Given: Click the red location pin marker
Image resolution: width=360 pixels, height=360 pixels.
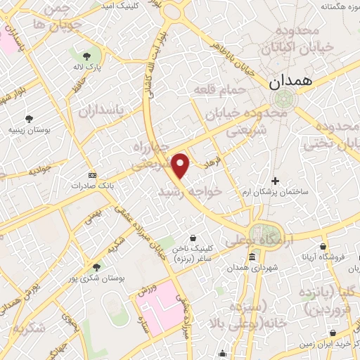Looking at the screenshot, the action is (181, 166).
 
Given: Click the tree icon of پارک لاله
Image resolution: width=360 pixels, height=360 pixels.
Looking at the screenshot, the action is (87, 56).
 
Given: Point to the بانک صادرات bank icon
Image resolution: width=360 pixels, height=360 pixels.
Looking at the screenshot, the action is (91, 175).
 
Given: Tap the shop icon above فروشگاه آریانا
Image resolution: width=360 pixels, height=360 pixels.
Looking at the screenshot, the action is (323, 247).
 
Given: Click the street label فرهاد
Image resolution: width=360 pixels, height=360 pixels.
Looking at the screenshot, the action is (212, 163).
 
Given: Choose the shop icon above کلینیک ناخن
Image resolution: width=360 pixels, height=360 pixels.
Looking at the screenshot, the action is (193, 238).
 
